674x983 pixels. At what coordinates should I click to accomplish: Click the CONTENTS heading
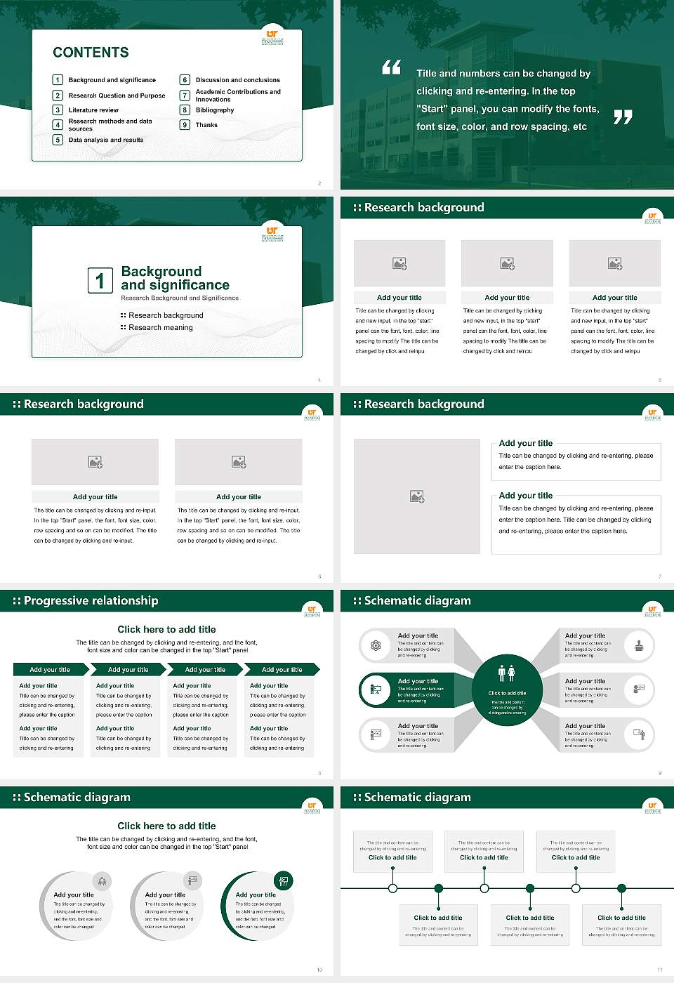point(91,52)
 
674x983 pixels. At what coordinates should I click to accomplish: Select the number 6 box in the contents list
point(185,80)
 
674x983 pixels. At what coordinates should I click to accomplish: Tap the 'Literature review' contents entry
point(93,110)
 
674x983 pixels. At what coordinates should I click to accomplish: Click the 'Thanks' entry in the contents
point(206,125)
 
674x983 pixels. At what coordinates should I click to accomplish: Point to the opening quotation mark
point(391,67)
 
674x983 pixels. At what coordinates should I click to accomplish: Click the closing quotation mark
point(623,117)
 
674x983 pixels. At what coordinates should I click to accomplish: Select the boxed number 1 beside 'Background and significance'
point(100,280)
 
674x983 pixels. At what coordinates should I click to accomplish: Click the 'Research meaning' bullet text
point(160,327)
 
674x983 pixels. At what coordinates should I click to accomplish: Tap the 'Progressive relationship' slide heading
point(91,600)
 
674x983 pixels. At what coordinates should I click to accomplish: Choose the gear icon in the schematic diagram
point(376,645)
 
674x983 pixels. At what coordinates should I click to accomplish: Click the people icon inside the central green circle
point(506,673)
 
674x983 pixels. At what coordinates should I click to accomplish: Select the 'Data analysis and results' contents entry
point(106,140)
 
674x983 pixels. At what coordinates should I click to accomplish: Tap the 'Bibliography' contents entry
point(215,110)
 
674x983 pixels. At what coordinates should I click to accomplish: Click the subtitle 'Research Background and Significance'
point(180,298)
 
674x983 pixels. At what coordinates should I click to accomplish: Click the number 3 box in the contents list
point(58,110)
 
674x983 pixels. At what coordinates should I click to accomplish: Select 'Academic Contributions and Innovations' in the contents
point(238,95)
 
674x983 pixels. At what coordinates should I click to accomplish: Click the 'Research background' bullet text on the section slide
point(166,315)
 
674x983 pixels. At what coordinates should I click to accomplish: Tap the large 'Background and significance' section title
point(175,278)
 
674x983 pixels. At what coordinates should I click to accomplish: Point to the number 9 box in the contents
point(185,125)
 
